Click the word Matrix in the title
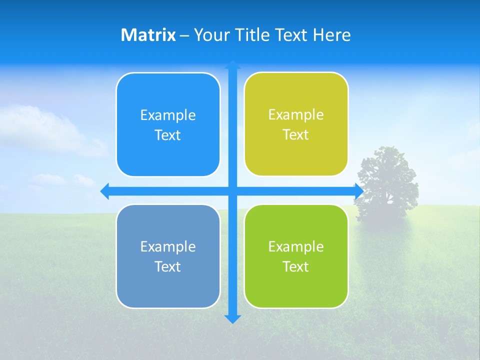coord(148,35)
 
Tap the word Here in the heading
coord(331,35)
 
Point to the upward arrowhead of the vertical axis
coord(232,64)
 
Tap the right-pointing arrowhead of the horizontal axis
coord(359,191)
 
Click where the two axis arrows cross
coord(232,191)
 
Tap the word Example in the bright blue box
coord(168,115)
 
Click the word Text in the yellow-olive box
coord(296,135)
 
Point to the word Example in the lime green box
coord(296,246)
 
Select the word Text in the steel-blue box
coord(168,266)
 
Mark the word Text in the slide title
coord(291,35)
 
